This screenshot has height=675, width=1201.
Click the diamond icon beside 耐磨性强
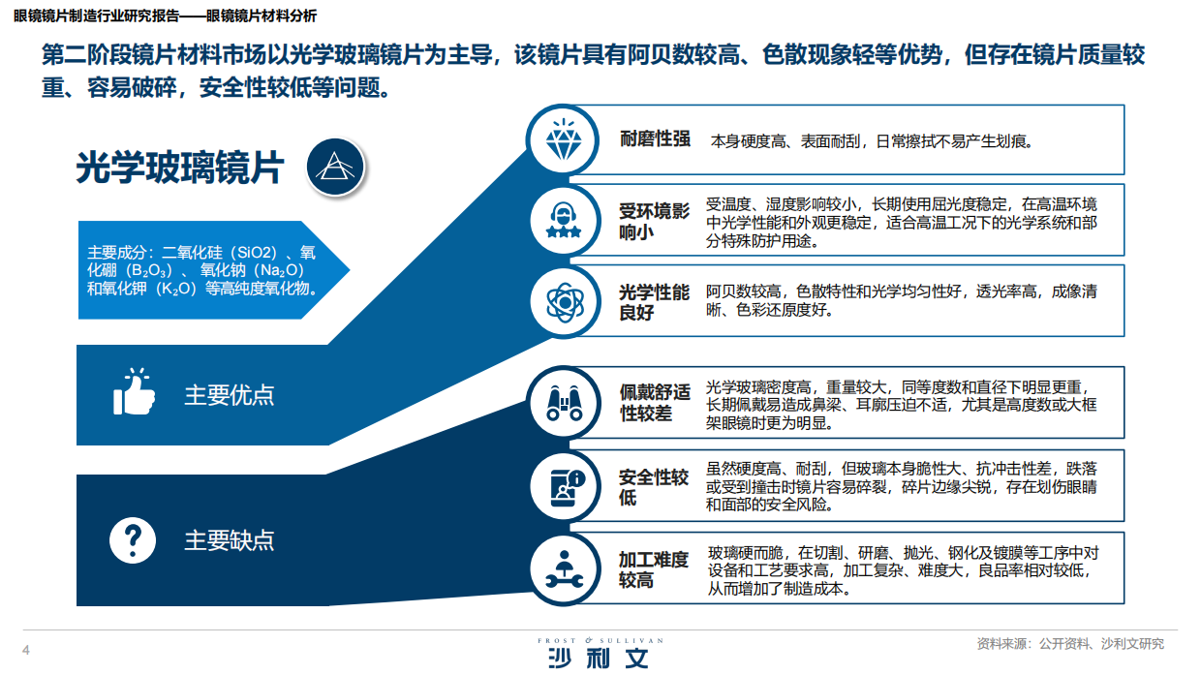(x=563, y=141)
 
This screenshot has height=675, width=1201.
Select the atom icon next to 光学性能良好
(x=563, y=301)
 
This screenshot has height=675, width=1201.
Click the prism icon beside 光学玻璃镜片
(x=335, y=167)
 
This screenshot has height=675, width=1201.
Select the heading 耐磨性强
(x=655, y=139)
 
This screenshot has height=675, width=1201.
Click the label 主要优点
(x=230, y=395)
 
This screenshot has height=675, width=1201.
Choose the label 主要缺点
(x=230, y=539)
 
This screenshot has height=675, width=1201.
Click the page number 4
(x=26, y=649)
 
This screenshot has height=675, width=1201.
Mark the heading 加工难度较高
(x=654, y=569)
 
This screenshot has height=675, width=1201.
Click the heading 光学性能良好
(x=654, y=302)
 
